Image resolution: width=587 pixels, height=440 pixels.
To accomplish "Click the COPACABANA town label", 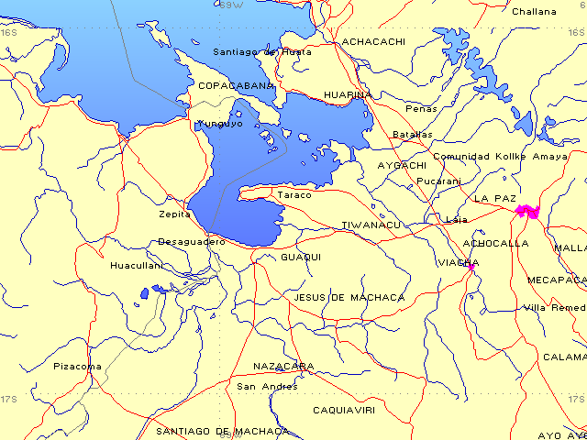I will coord(237,85).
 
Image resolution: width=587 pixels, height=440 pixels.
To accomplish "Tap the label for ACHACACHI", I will coord(373,42).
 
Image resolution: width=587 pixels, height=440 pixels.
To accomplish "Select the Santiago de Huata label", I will coord(261,52).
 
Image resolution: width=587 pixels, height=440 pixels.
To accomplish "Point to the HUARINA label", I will coord(348,94).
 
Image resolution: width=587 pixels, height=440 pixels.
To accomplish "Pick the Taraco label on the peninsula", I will coord(294,195).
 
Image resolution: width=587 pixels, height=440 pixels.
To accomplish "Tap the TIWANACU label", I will coord(371,225).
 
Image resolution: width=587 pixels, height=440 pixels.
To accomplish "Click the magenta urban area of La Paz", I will coord(527,211).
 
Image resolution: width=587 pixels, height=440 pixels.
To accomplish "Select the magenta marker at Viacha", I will coord(471,267).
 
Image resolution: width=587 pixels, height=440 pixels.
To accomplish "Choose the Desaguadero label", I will coord(191,242).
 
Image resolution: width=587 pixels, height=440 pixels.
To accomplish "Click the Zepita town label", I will coord(174,214).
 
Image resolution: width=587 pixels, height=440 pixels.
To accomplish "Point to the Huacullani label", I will coord(136,266).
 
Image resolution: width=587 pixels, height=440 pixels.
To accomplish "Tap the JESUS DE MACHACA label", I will coord(349,298).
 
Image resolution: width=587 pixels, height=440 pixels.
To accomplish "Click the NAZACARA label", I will coord(283,367).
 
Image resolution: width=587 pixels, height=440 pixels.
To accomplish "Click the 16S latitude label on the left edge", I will coord(9,32).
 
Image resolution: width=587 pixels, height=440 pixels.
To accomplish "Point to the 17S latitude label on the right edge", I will coord(575,400).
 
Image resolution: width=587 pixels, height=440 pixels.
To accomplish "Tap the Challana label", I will coord(534,12).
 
